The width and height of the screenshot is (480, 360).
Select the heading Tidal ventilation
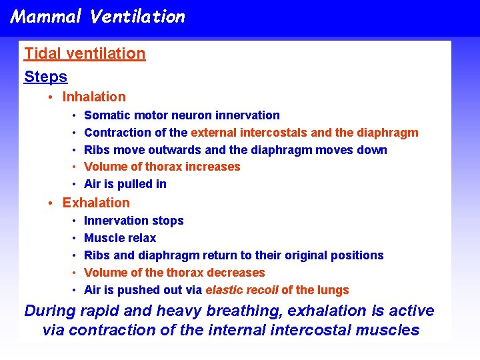pos(85,54)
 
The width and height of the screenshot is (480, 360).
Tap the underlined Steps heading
pos(45,77)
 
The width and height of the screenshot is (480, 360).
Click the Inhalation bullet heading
pos(94,97)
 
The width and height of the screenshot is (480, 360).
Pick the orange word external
pos(214,133)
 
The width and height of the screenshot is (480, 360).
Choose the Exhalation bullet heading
pos(96,203)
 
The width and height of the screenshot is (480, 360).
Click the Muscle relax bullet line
pos(120,238)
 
